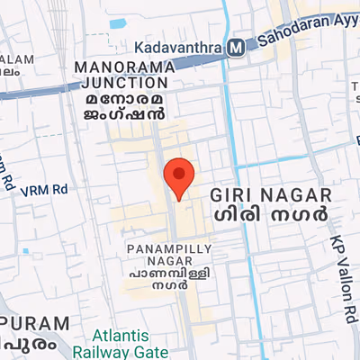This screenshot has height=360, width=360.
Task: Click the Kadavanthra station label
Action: tap(178, 47)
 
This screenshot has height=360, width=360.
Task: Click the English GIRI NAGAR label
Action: tap(271, 195)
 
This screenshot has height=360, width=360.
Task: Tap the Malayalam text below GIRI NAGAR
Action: tap(271, 218)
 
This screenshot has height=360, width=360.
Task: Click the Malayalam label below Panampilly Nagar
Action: tap(157, 277)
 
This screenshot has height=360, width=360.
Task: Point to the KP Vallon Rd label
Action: tap(345, 280)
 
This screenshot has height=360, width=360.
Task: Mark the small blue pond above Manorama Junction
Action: tap(117, 23)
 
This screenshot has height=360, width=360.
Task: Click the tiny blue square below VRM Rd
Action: tap(25, 251)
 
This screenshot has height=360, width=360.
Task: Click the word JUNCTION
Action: tap(121, 83)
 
